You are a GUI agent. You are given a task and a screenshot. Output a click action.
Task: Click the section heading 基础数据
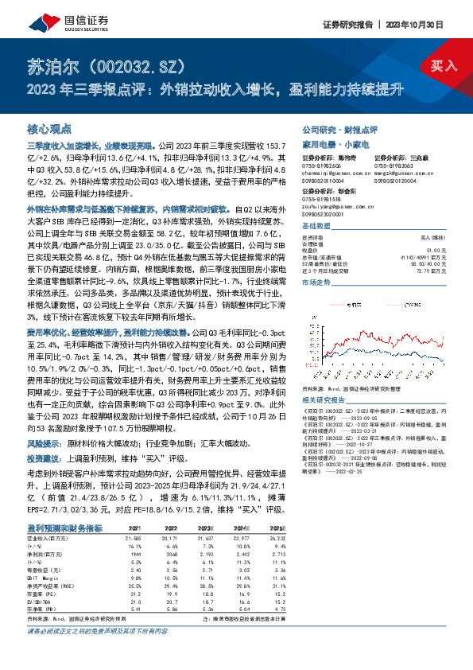click(315, 227)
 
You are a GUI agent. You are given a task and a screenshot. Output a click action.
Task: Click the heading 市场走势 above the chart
click(315, 282)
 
